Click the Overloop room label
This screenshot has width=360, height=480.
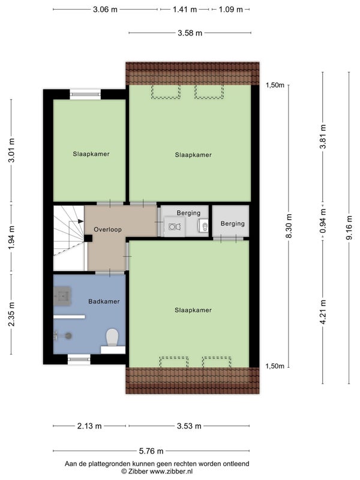[x=107, y=230]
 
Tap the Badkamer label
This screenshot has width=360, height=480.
[x=104, y=302]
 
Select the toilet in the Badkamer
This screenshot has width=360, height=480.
[x=112, y=338]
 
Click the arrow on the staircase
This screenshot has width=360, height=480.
[x=80, y=221]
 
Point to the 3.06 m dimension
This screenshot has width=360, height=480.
[x=105, y=10]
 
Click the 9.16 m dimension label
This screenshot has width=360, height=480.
[x=350, y=228]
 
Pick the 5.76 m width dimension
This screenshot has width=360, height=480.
[x=151, y=451]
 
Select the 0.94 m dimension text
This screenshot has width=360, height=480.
[x=323, y=220]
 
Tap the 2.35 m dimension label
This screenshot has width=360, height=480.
[x=11, y=314]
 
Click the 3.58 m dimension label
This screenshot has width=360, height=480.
[x=190, y=33]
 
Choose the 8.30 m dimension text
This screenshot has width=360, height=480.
[x=289, y=226]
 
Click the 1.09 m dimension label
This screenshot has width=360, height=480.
[x=231, y=10]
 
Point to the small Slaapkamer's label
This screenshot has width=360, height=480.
[x=91, y=154]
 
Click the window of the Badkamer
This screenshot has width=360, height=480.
[x=79, y=359]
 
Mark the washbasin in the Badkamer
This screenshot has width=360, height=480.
[x=62, y=296]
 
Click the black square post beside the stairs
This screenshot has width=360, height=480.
[x=88, y=238]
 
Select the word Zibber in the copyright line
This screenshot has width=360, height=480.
[x=138, y=472]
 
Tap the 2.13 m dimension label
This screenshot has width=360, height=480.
[x=89, y=426]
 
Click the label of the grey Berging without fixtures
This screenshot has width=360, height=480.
[x=233, y=224]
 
